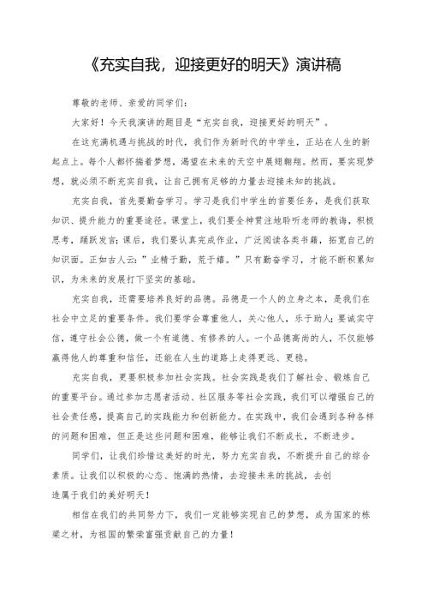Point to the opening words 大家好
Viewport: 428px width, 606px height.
click(x=90, y=121)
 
